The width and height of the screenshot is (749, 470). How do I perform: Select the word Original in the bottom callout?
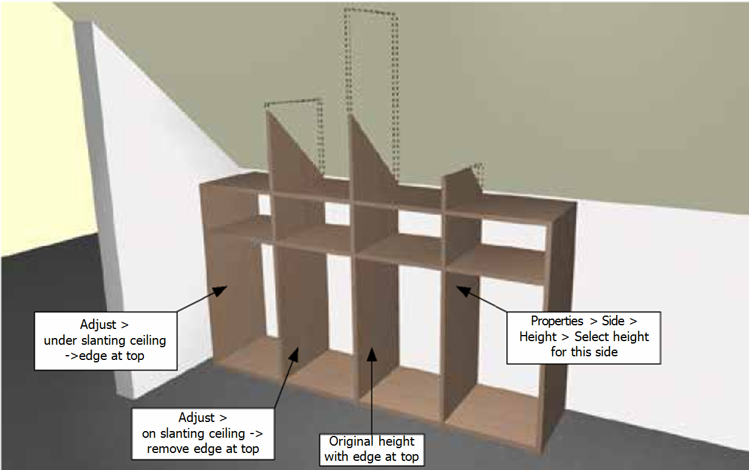(353, 441)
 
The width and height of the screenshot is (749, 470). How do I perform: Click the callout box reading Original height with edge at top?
(372, 449)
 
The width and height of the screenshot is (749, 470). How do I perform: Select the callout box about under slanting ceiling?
(105, 340)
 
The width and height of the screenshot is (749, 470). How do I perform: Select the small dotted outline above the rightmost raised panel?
(479, 171)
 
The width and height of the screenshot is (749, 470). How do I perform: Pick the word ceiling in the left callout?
(145, 340)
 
